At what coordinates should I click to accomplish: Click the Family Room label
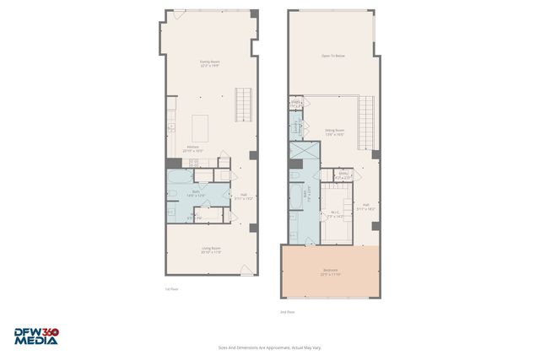coord(210,63)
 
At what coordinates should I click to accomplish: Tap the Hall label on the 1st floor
coord(243,196)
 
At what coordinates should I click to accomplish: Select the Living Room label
coord(210,250)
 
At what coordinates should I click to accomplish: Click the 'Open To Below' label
coord(332,56)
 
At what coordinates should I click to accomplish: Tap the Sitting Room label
coord(334,132)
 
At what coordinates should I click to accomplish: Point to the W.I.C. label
coord(335,214)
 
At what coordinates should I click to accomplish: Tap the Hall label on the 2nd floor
coord(366,206)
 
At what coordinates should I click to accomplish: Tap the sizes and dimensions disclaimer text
coord(269,347)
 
